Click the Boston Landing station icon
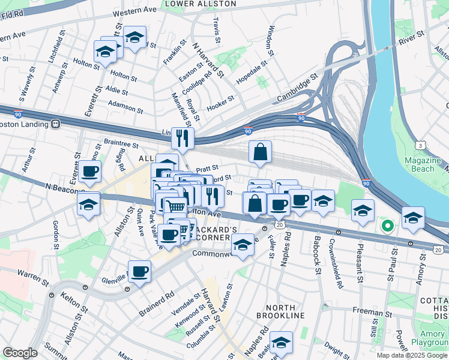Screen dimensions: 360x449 56,124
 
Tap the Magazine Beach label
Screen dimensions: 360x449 427,164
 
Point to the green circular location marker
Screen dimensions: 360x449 388,226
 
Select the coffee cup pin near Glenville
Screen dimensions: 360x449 139,271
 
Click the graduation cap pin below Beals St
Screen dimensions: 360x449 281,342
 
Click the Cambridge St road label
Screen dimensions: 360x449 297,89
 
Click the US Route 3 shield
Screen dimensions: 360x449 422,145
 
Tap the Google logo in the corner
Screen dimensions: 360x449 20,353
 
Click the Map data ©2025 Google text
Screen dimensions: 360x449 412,355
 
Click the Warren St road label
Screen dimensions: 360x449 32,277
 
